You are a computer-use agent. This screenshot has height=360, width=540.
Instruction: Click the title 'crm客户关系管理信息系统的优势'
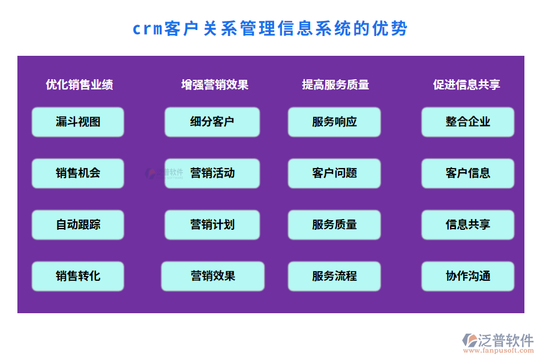click(270, 29)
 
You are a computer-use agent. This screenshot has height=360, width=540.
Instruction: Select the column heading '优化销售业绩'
click(79, 85)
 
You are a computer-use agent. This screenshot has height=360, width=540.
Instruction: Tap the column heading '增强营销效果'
click(215, 85)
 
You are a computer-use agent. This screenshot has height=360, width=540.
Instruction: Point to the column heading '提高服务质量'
click(335, 85)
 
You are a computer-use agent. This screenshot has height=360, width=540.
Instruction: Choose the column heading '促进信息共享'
click(467, 85)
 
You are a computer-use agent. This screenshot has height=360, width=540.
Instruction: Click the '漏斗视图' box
click(78, 122)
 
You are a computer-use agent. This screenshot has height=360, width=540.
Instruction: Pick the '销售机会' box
click(78, 173)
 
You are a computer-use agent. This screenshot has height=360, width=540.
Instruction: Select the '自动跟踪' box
click(78, 225)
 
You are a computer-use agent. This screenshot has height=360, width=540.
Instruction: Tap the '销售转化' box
click(78, 276)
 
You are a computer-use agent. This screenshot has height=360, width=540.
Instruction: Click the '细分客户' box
click(212, 122)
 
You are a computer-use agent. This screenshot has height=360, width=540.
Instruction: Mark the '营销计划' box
click(212, 225)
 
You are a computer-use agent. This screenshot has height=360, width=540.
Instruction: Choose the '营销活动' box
click(212, 173)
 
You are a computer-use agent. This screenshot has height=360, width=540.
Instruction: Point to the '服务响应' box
click(334, 122)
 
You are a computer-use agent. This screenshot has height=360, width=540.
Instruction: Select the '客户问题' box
click(334, 173)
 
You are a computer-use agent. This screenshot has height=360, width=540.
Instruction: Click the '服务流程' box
click(334, 276)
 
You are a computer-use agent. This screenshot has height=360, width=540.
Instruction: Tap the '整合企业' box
click(467, 122)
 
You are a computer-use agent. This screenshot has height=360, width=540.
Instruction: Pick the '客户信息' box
click(467, 173)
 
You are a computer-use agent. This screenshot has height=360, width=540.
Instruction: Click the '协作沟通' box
click(467, 276)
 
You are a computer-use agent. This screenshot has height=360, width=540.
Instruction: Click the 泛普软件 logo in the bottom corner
click(498, 340)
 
